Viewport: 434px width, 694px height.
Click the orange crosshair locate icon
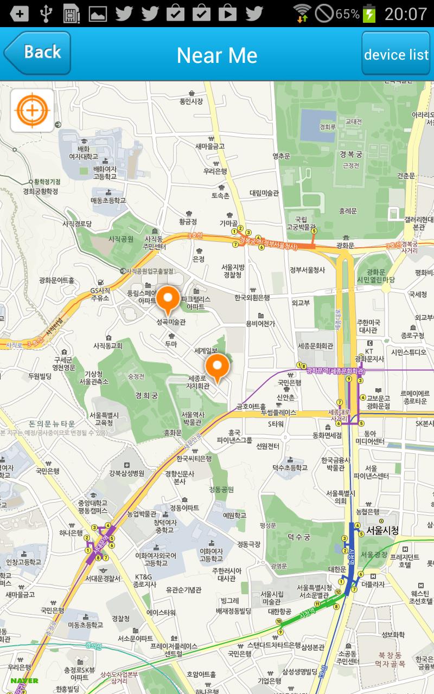pos(32,111)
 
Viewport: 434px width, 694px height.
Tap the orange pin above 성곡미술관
pos(168,300)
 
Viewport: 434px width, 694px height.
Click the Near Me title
pos(217,55)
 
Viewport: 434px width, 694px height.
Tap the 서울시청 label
pos(382,530)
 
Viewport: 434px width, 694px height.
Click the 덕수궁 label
pos(298,537)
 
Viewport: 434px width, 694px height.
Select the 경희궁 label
pos(146,396)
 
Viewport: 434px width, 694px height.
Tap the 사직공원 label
pos(120,239)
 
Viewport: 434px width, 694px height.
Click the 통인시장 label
pos(191,101)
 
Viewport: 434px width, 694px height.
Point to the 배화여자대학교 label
pos(84,153)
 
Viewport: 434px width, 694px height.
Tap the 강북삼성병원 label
pos(126,473)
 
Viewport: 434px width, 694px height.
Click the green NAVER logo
pos(24,680)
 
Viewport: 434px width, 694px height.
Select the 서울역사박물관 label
pos(192,418)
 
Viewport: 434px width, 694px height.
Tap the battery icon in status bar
pos(369,14)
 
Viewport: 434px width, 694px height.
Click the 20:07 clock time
pos(406,14)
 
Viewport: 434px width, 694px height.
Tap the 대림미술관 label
pos(264,192)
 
